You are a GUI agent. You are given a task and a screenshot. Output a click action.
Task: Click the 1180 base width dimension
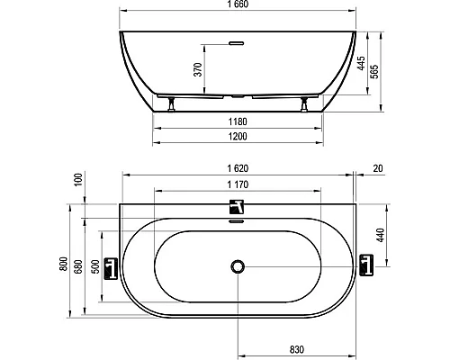pos(238,121)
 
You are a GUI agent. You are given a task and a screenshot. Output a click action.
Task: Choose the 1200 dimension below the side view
pos(238,137)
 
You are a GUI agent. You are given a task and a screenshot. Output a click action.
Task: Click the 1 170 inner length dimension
pos(237,184)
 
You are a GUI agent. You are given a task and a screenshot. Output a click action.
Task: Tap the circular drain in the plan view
pos(238,266)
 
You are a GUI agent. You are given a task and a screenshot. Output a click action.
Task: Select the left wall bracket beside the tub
pos(111,266)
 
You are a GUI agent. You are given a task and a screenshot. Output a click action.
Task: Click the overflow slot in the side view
pos(238,41)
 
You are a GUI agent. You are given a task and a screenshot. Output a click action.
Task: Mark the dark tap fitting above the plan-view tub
pos(237,206)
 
